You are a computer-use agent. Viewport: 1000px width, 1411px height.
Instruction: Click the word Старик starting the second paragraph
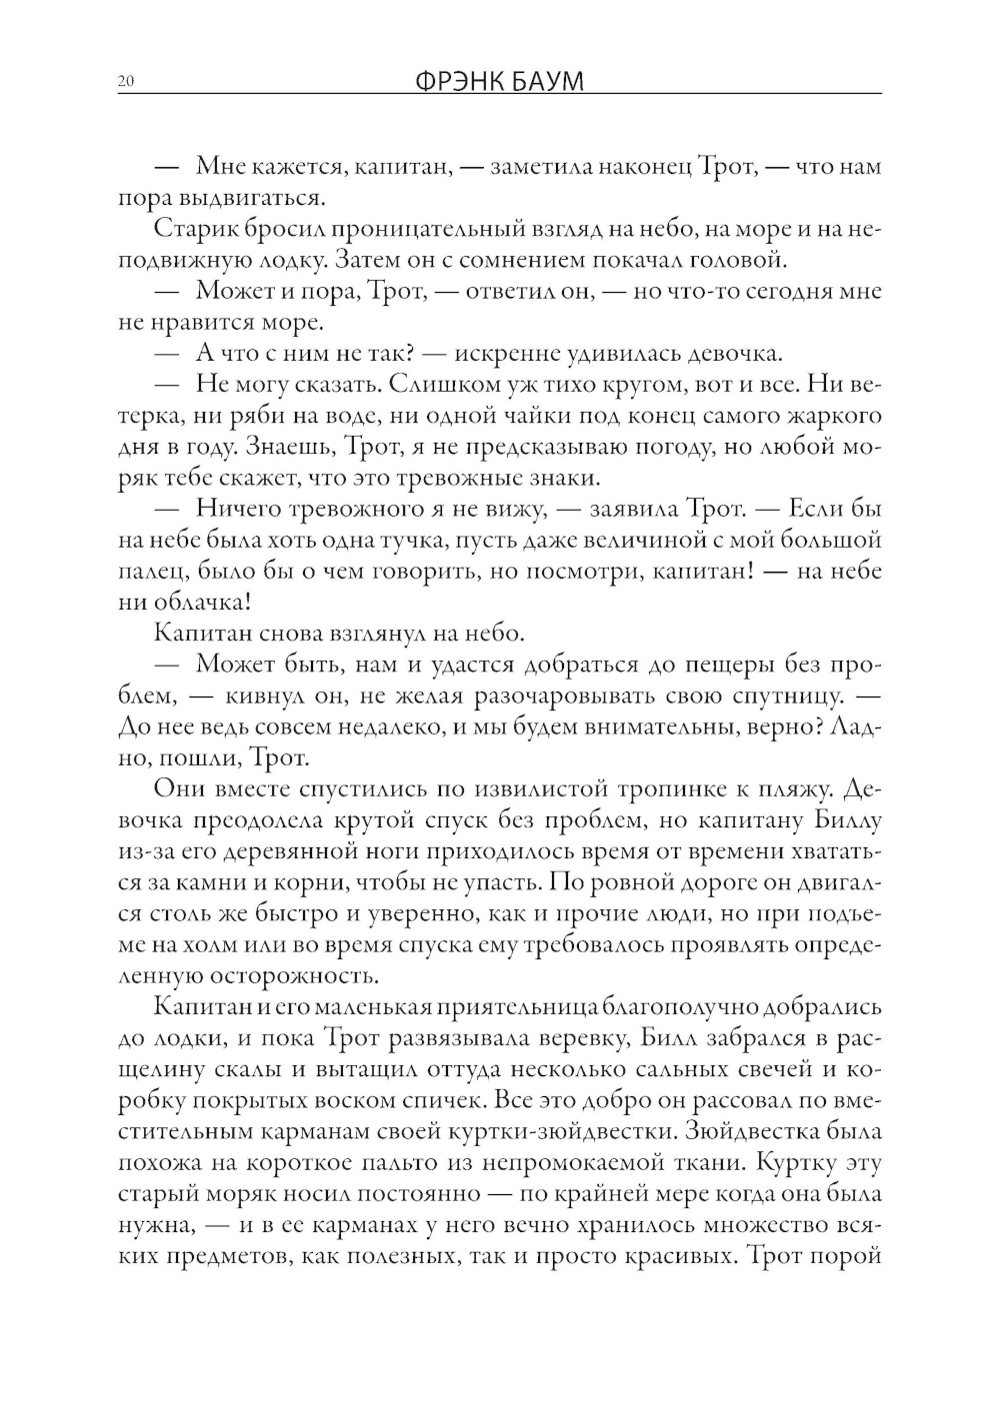point(190,229)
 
